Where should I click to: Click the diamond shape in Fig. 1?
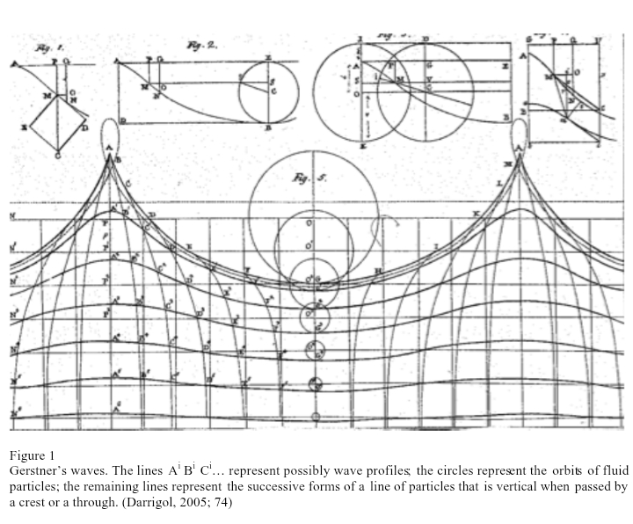61,126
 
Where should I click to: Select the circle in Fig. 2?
269,91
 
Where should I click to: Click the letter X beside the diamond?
25,129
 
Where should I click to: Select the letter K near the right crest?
476,214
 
